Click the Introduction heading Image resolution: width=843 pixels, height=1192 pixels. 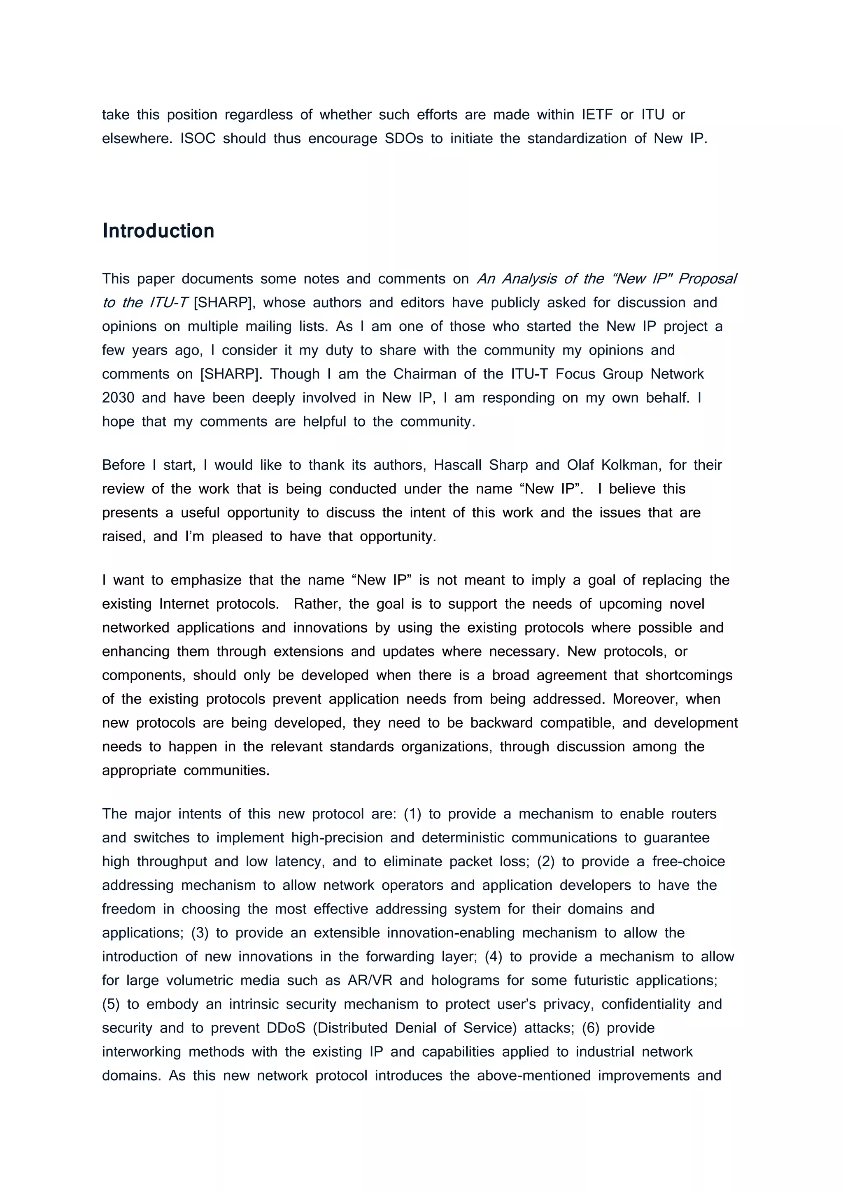(158, 231)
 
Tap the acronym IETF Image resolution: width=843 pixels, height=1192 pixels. (597, 115)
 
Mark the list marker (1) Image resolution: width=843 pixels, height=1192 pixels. (412, 814)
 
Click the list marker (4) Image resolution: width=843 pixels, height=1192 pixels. (493, 956)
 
